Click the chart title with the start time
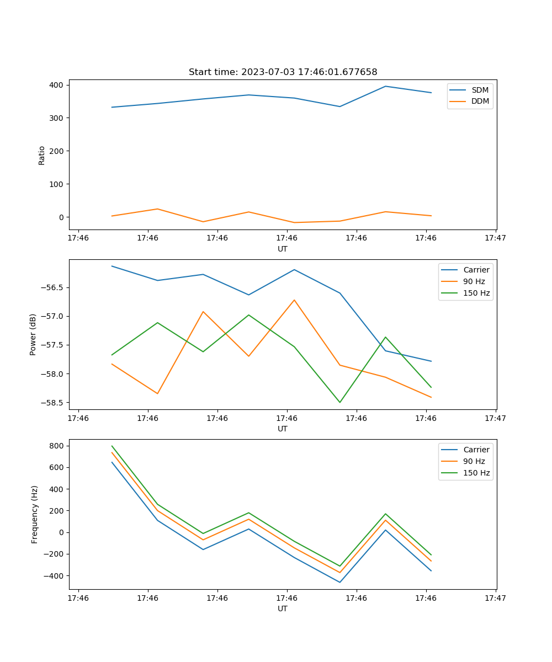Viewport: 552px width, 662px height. tap(283, 72)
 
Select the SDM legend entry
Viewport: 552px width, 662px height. tap(480, 90)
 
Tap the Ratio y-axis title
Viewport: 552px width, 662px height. tap(42, 155)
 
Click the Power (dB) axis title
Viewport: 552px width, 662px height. tap(33, 334)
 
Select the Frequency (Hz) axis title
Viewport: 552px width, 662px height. tap(35, 514)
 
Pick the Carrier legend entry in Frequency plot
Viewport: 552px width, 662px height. tap(476, 450)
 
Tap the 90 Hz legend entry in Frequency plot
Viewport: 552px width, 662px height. tap(474, 461)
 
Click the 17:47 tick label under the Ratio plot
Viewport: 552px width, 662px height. tap(495, 238)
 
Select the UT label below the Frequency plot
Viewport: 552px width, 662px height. tap(283, 608)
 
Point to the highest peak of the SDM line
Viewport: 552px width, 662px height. tap(385, 86)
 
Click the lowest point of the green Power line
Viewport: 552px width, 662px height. tap(339, 402)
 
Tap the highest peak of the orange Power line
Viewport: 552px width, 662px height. tap(294, 300)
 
